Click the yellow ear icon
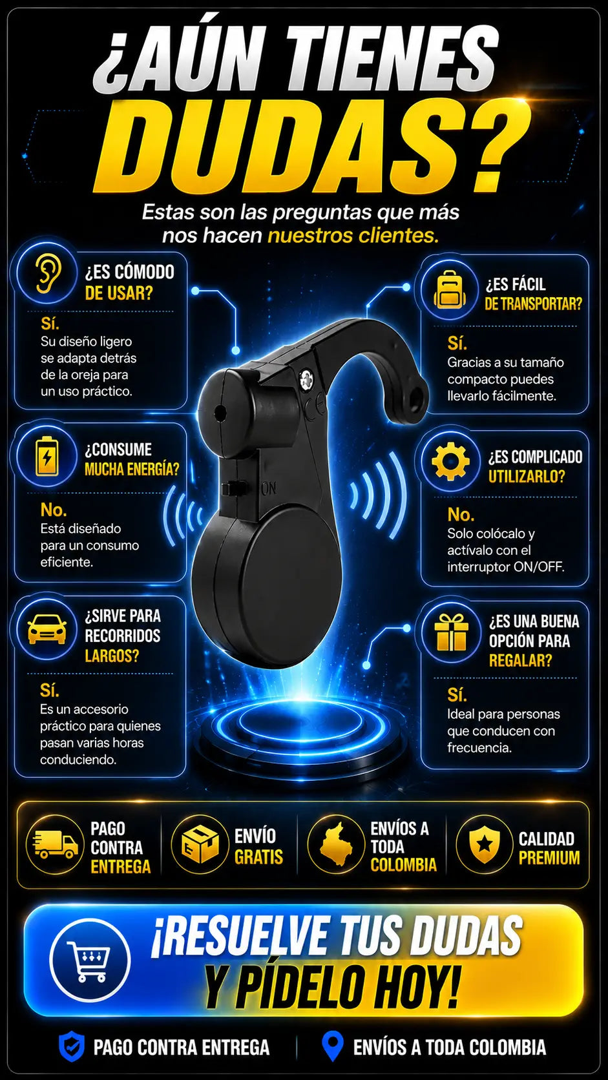[x=48, y=273]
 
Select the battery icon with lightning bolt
[x=47, y=456]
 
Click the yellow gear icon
[x=450, y=461]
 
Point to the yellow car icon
[x=47, y=629]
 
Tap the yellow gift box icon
[x=451, y=632]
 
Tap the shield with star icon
[x=484, y=845]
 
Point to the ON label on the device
[x=269, y=488]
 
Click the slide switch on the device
[x=231, y=488]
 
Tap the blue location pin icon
[x=332, y=1046]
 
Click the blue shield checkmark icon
[x=71, y=1046]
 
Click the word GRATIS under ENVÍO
[x=258, y=857]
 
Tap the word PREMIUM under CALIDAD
[x=549, y=858]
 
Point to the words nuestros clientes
[x=353, y=236]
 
